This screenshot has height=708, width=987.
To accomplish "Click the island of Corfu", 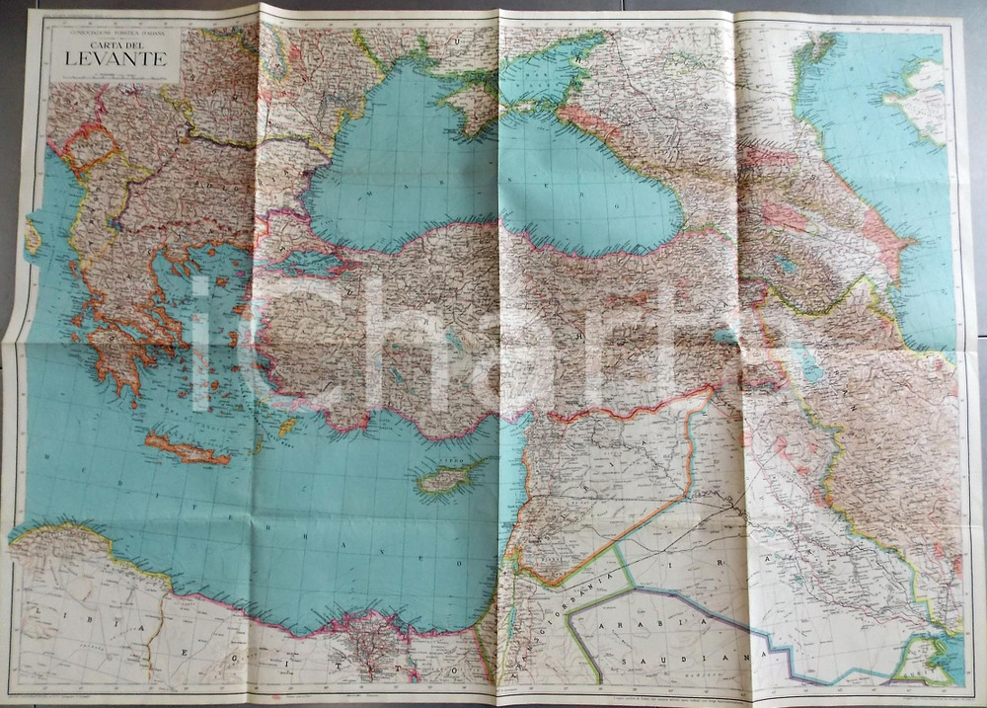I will (x=34, y=238).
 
